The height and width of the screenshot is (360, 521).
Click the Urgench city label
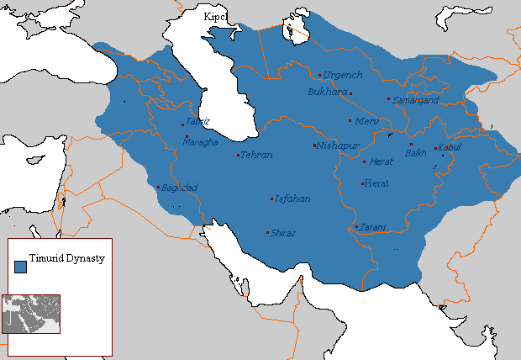[x=344, y=76]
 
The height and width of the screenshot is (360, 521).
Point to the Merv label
[x=368, y=121]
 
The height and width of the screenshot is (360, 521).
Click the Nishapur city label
[x=337, y=146]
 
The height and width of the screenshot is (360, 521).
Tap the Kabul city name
[x=450, y=148]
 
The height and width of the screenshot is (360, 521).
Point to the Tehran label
[x=256, y=156]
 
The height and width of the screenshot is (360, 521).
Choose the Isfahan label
[x=293, y=199]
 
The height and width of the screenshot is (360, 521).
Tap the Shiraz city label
[x=283, y=233]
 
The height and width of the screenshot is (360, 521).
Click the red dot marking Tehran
[x=238, y=155]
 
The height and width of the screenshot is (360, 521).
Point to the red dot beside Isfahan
[x=271, y=199]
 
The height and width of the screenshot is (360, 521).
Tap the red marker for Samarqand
[x=387, y=99]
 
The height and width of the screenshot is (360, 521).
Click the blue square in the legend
[x=20, y=266]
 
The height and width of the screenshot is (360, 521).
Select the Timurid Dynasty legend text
[x=66, y=258]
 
